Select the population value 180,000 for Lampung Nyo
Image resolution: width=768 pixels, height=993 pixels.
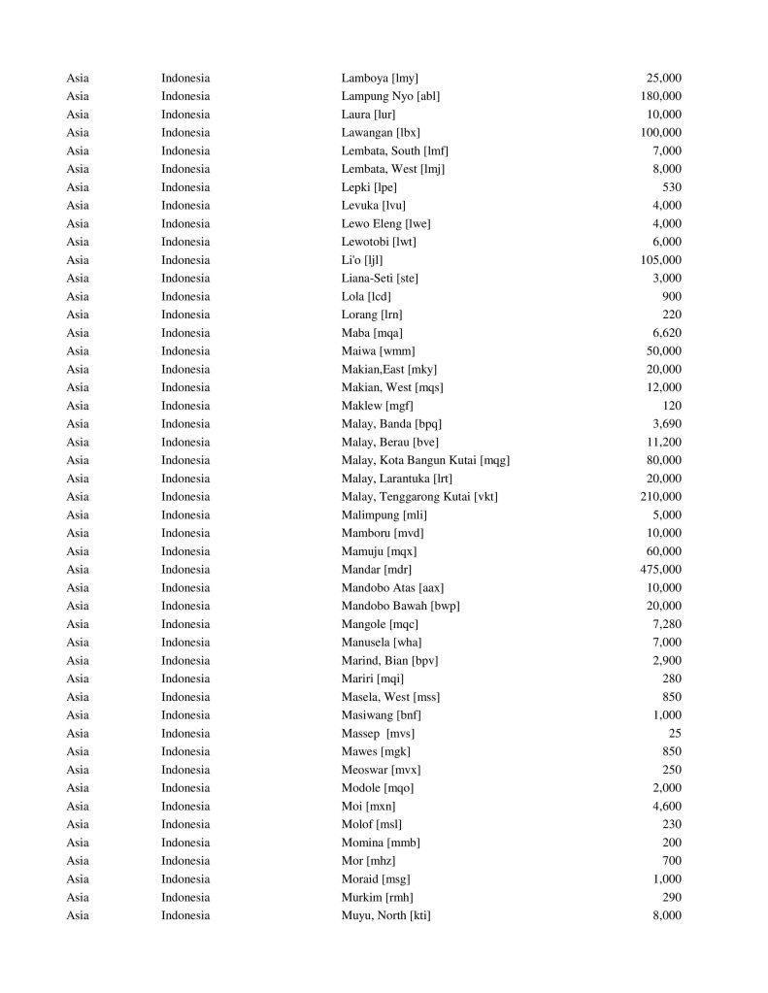click(x=660, y=96)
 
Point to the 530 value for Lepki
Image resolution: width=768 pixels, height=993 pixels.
click(x=671, y=187)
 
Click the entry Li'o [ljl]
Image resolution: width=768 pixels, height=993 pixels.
click(x=362, y=260)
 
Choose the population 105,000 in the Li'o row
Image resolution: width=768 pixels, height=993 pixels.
click(x=660, y=260)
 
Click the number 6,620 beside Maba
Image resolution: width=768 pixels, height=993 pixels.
click(x=665, y=333)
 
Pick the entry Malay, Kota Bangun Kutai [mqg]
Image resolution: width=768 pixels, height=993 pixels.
click(x=425, y=460)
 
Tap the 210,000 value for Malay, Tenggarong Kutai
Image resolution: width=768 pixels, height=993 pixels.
click(x=660, y=497)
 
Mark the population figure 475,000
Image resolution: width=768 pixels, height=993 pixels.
click(x=660, y=570)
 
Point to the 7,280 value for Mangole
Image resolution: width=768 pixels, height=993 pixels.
click(x=665, y=624)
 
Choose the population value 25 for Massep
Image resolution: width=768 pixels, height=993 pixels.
click(x=674, y=734)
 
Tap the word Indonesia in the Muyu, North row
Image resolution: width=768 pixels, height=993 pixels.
click(x=185, y=915)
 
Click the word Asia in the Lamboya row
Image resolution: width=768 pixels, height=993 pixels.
click(x=78, y=78)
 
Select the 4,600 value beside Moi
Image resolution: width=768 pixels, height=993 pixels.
click(x=665, y=807)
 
